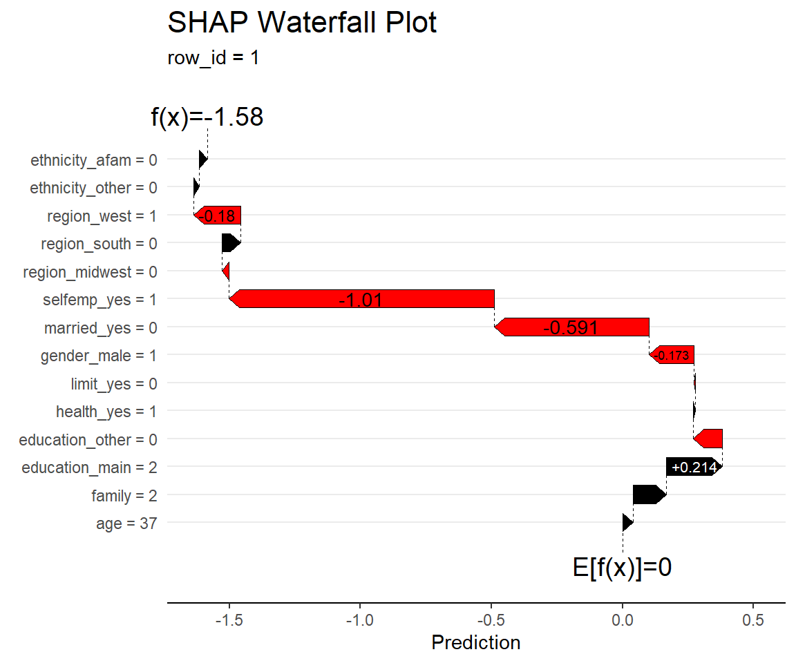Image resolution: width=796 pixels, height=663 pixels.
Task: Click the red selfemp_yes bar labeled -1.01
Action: [x=361, y=299]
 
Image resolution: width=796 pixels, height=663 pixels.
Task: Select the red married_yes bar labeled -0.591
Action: [x=571, y=327]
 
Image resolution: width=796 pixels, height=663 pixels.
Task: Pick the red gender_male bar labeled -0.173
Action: [x=672, y=356]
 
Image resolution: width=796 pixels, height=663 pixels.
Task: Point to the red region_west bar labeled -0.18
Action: [x=218, y=215]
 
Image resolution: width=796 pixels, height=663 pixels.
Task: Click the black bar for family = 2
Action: [x=649, y=495]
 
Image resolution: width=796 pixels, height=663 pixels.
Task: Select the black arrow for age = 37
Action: [x=627, y=523]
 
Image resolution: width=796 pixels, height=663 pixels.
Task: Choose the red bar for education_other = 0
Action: [x=709, y=439]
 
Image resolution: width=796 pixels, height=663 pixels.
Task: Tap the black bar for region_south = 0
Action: [x=231, y=243]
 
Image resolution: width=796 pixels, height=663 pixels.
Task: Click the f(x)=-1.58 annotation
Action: [x=207, y=117]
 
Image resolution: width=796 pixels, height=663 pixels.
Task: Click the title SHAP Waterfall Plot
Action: [x=302, y=23]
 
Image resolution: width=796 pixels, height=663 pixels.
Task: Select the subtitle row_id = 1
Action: [x=213, y=57]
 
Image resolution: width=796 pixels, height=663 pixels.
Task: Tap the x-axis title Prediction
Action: [x=475, y=643]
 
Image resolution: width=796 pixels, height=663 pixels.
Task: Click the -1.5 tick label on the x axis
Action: [x=229, y=620]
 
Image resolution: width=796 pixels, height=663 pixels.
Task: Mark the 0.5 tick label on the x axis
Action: [x=753, y=620]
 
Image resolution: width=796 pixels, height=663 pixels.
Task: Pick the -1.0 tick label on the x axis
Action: [x=360, y=620]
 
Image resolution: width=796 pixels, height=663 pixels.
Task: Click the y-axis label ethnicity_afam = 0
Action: [x=94, y=160]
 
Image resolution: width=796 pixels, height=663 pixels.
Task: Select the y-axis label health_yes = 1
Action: [x=106, y=412]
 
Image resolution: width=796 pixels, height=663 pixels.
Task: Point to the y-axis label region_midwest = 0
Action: [x=90, y=272]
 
